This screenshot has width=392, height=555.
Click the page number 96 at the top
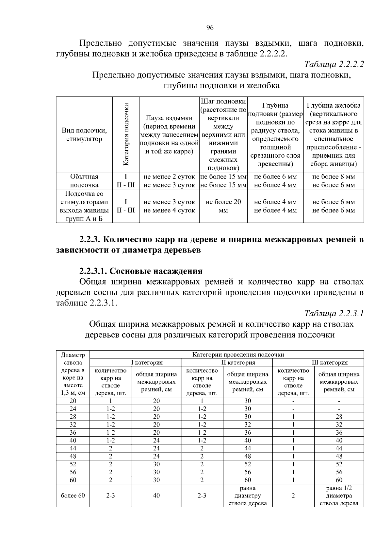(210, 28)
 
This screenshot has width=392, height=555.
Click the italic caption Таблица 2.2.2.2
(334, 64)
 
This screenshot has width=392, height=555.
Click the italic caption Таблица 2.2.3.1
(334, 314)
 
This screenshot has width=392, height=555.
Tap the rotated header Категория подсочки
(126, 134)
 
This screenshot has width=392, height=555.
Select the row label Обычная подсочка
(84, 181)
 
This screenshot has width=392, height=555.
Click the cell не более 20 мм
(223, 206)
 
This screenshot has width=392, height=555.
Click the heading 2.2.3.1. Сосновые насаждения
(141, 271)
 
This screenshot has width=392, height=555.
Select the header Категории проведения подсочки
(238, 355)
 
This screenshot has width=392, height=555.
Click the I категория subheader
(147, 362)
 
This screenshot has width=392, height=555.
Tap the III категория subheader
(330, 362)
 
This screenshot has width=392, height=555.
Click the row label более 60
(73, 495)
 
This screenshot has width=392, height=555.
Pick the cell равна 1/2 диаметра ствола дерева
(339, 495)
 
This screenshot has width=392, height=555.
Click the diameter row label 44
(73, 448)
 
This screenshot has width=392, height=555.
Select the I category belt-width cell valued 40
(156, 495)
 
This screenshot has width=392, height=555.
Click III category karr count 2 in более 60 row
(293, 495)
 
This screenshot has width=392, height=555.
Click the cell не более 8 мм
(334, 177)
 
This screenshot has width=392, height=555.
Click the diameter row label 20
(73, 401)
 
